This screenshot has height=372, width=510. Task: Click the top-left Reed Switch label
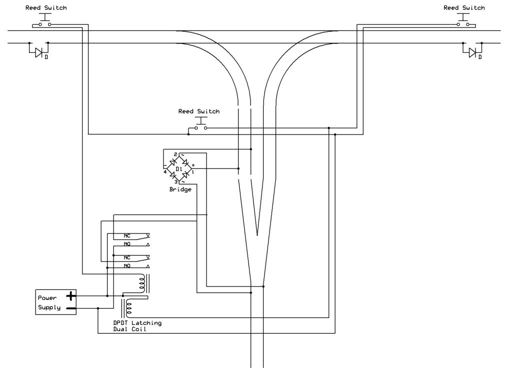[45, 8]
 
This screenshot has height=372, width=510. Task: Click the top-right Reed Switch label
[464, 8]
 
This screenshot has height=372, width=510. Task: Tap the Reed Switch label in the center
[198, 111]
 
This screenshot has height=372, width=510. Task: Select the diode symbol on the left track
[38, 51]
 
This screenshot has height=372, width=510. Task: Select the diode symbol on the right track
[472, 51]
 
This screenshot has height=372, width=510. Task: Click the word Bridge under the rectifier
[180, 190]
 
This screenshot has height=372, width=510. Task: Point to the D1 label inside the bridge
[178, 169]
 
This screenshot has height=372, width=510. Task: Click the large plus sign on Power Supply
[71, 296]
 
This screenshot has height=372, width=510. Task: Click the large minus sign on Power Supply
[71, 308]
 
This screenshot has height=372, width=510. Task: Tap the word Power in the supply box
[47, 297]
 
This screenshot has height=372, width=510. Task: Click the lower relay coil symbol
[128, 308]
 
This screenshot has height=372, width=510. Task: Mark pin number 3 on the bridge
[175, 182]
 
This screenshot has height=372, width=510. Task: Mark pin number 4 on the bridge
[164, 172]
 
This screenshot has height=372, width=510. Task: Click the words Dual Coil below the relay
[129, 329]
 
